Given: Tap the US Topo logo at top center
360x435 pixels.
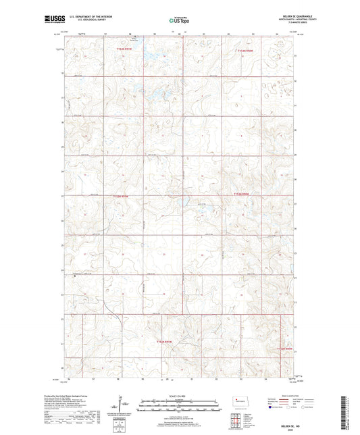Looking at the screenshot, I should (x=180, y=21).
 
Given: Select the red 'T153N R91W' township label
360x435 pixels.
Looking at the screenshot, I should (x=120, y=196).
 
